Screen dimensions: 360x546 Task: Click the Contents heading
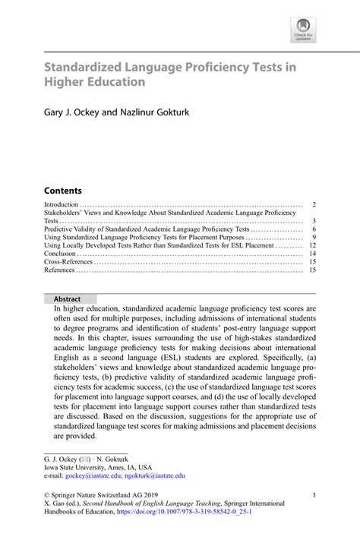[62, 190]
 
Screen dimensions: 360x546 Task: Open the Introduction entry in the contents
[61, 205]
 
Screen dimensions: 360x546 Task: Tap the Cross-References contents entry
[68, 263]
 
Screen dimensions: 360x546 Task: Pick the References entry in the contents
[59, 270]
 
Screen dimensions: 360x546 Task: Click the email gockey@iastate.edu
[91, 475]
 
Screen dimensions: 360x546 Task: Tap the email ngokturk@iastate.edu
[153, 475]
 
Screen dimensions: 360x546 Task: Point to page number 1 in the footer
[314, 495]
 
